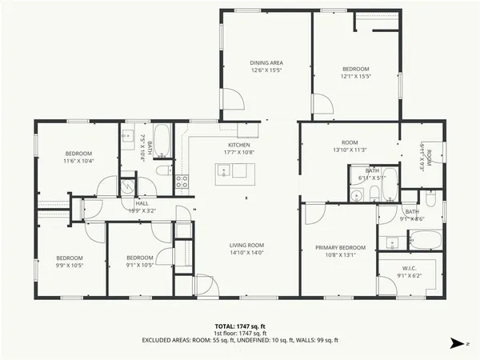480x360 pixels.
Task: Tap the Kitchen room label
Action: coord(238,145)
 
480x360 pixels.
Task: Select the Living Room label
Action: coord(246,245)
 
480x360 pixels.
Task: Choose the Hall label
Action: coord(142,204)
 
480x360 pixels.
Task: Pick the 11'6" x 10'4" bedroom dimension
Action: coord(78,161)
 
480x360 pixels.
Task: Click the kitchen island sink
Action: coord(224,170)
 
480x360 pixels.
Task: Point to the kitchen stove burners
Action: coord(182,181)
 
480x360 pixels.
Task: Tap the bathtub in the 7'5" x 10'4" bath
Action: coord(160,140)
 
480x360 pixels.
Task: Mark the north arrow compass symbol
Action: coord(457,343)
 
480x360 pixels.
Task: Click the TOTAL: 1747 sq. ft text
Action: coord(239,326)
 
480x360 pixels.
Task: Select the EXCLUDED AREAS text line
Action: coord(239,341)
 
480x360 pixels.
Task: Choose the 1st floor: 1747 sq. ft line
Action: coord(239,334)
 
